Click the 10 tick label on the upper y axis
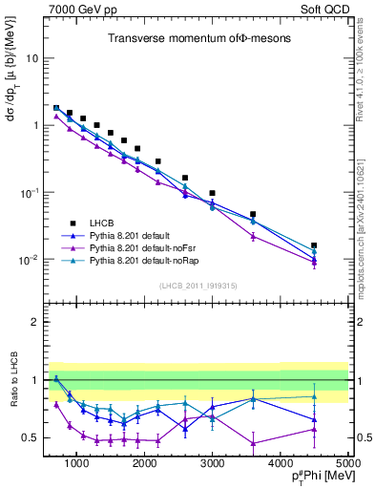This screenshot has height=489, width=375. pos(31,57)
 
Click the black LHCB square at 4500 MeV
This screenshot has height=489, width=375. pos(315,245)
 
